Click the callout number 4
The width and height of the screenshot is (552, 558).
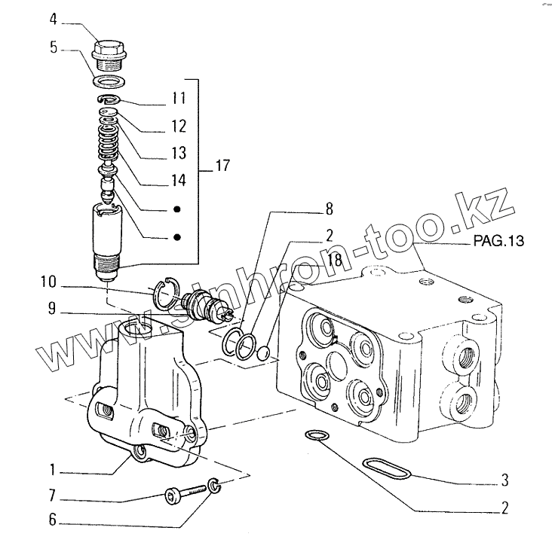coord(53,17)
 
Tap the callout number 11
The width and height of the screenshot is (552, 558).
coord(178,99)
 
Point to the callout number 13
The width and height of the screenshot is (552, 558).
coord(178,153)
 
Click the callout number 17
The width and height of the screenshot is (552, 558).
coord(222,166)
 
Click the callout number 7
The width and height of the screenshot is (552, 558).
coord(52,497)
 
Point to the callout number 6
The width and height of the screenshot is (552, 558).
coord(52,520)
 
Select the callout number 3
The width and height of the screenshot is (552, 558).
coord(504,479)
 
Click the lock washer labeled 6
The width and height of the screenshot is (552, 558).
coord(214,486)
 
